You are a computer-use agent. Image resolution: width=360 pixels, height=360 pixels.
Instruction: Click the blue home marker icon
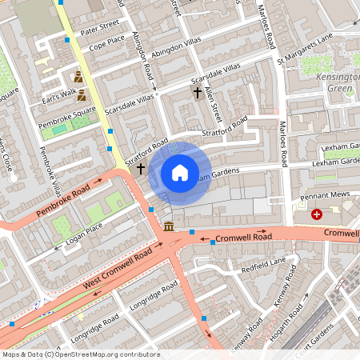(180, 172)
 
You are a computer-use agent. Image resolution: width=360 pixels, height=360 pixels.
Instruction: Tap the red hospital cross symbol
(318, 214)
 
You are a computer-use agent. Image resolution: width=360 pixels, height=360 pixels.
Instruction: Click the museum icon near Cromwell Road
(169, 227)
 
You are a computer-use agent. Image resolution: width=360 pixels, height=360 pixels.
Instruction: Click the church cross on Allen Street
(198, 93)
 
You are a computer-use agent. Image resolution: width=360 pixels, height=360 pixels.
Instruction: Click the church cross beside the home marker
(141, 169)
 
